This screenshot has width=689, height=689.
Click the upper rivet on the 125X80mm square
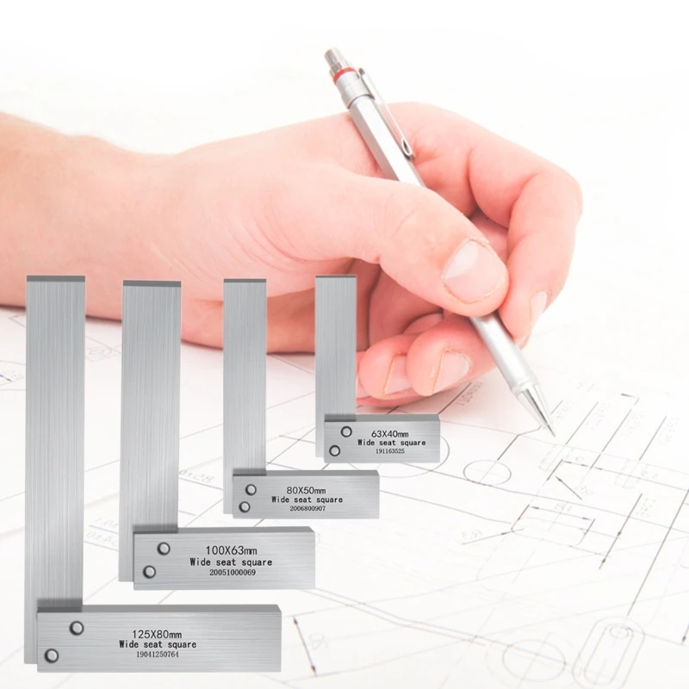[77, 627]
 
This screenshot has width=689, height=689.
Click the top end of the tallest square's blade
[55, 281]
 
